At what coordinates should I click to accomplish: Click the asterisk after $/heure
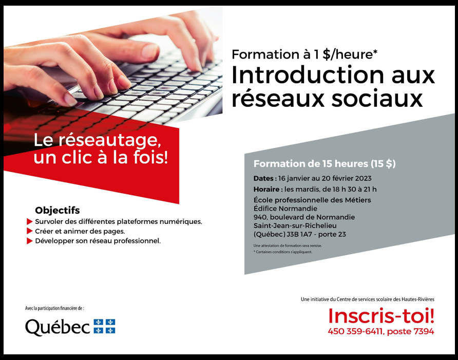tap(375, 52)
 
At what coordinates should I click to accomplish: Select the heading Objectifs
tap(58, 211)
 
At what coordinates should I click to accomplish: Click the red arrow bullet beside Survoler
tap(29, 221)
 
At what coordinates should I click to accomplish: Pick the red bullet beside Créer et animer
tap(29, 231)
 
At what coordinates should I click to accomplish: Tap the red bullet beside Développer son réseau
tap(29, 241)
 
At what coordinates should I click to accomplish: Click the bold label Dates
tap(263, 178)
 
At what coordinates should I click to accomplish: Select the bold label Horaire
tap(266, 190)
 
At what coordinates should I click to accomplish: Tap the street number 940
tap(260, 217)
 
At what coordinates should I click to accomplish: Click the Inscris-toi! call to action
tap(381, 316)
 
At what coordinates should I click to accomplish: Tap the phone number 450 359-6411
tap(355, 332)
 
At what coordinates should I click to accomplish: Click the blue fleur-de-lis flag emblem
tap(104, 326)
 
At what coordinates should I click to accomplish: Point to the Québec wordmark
tap(58, 327)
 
